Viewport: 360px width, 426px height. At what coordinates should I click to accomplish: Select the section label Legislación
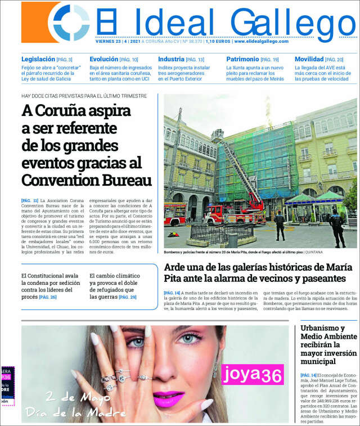(x=38, y=59)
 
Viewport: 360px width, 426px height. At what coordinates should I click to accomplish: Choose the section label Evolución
(x=103, y=59)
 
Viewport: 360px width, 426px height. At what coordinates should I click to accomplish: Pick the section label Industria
(x=171, y=59)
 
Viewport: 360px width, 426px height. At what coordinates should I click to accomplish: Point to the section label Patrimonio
(x=242, y=59)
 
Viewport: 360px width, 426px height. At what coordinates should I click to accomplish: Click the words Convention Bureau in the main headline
(x=87, y=180)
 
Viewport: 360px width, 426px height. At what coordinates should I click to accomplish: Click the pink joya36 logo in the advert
(x=253, y=373)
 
